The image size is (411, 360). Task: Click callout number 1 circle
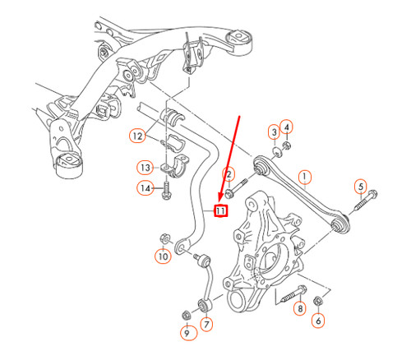coord(305,176)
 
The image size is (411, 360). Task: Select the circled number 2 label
coord(229,173)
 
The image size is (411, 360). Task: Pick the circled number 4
coord(286,126)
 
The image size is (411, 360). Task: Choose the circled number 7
coord(206,325)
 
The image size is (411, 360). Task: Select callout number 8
coord(299,308)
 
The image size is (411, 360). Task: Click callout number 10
coord(162,257)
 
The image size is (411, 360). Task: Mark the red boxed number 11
coord(220,211)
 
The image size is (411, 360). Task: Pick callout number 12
coord(136,135)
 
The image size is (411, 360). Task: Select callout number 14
coord(145,189)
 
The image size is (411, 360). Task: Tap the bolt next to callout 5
coord(367,197)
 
